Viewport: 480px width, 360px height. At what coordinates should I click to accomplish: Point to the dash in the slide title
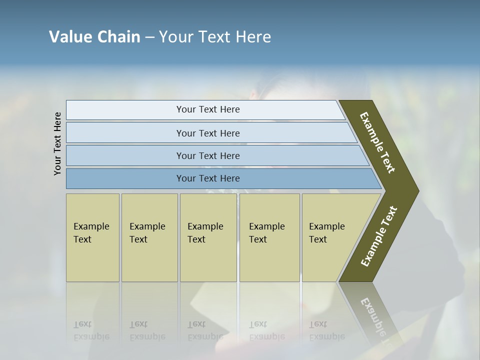(149, 37)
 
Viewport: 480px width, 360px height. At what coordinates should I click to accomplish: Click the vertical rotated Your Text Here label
(57, 143)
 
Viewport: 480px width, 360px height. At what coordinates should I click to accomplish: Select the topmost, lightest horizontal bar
(207, 109)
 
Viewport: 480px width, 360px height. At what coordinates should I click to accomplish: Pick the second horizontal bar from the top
(207, 133)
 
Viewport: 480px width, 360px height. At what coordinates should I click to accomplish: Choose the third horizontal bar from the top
(207, 155)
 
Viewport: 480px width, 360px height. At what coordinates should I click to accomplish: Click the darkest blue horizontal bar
(207, 178)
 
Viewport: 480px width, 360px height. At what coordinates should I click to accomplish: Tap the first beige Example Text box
(92, 237)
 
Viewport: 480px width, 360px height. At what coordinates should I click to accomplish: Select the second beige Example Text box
(149, 237)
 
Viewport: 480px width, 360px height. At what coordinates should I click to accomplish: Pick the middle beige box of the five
(207, 237)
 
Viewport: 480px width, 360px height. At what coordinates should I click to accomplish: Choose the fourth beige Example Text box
(269, 237)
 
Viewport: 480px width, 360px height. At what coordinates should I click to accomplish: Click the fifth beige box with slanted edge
(330, 237)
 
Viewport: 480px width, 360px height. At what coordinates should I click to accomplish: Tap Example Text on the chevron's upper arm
(377, 142)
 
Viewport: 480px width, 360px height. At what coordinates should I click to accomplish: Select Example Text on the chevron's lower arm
(379, 236)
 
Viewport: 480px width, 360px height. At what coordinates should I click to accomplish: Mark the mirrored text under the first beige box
(91, 330)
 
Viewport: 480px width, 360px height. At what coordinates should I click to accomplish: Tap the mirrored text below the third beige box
(205, 330)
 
